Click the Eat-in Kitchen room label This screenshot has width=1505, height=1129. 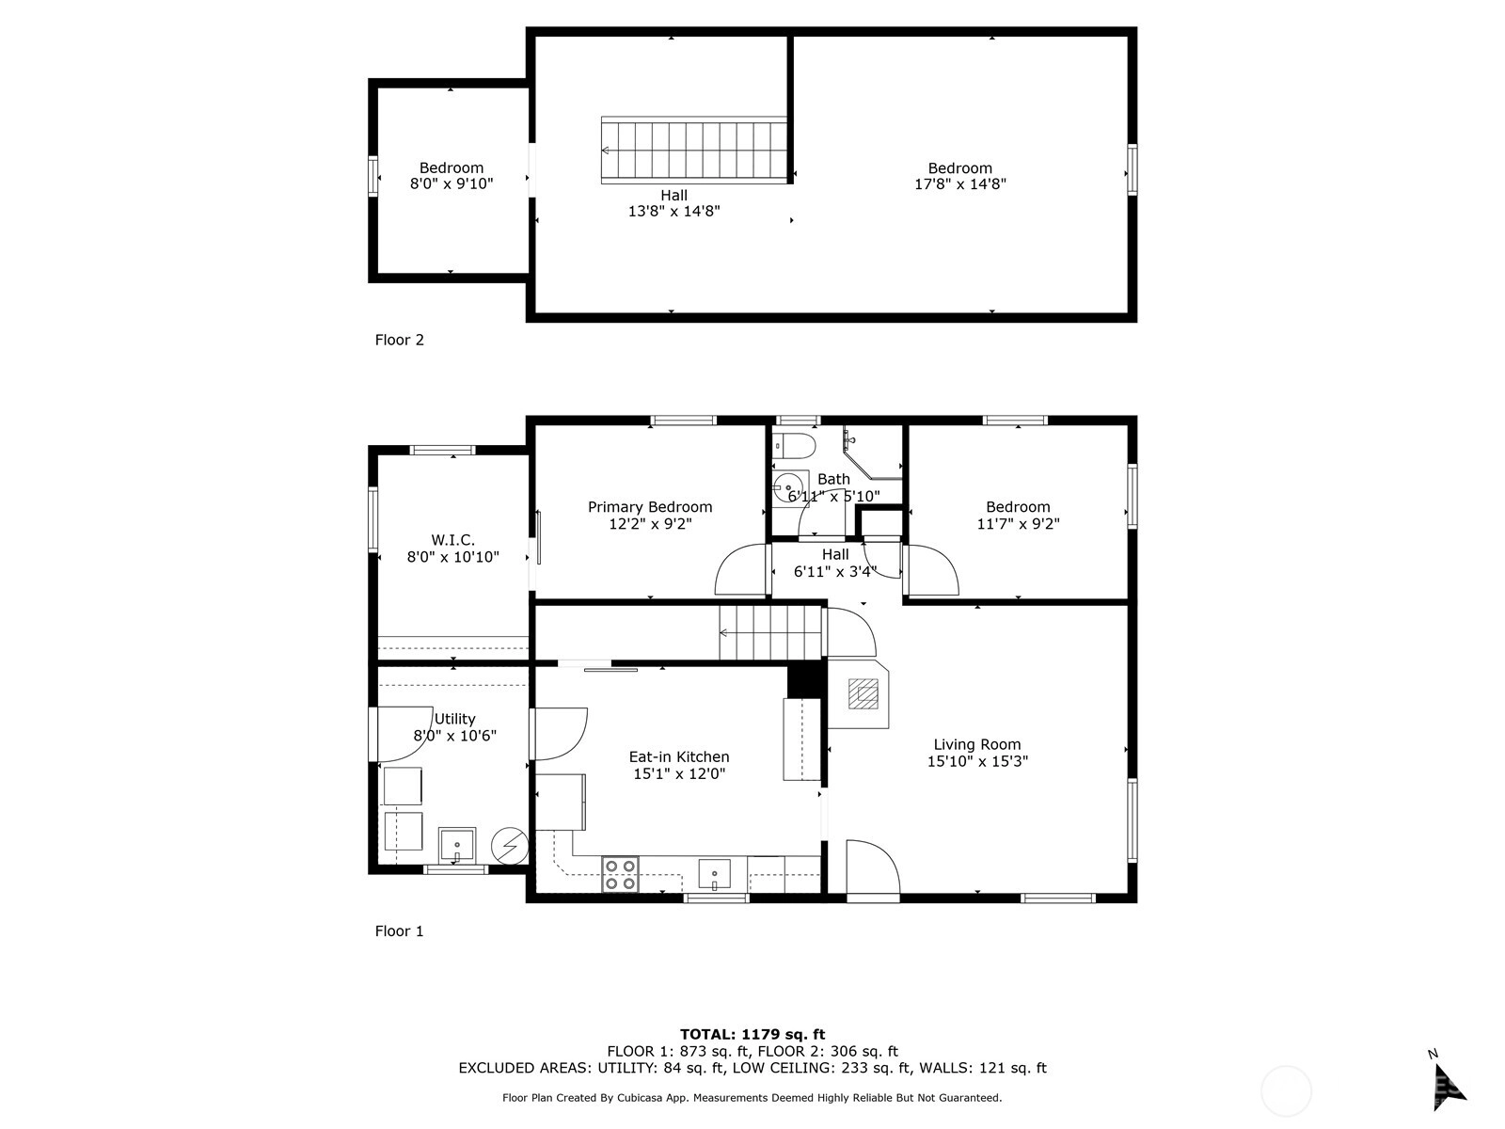point(679,756)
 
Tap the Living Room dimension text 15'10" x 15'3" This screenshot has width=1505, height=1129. point(977,761)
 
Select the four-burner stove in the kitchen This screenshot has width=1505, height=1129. point(620,875)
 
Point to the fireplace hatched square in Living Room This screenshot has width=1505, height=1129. point(863,693)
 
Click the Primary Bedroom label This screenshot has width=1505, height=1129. point(650,507)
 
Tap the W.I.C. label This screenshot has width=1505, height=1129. point(452,540)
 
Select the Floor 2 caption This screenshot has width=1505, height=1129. point(399,340)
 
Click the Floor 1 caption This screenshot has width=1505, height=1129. point(399,930)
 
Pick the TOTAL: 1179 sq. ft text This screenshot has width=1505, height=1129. point(752,1034)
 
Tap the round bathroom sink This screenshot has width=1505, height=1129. point(786,488)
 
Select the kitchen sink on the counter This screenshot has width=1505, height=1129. point(715,874)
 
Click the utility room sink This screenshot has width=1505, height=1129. point(457,846)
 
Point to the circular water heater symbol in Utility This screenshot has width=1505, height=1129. point(510,846)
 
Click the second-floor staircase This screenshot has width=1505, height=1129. point(694,151)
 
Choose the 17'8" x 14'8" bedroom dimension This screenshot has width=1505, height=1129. point(960,183)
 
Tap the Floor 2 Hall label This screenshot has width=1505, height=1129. point(674,196)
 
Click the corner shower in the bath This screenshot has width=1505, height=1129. point(873,453)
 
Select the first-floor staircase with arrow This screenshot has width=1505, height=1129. point(770,632)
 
